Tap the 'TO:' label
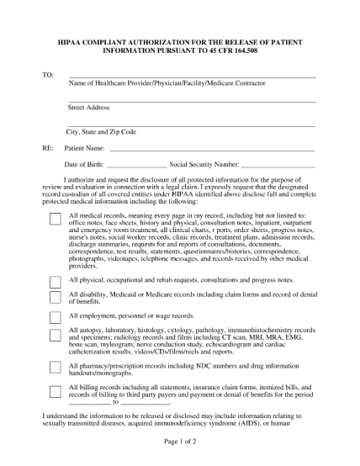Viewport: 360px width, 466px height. [x=47, y=75]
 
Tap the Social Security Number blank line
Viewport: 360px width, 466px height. [x=278, y=167]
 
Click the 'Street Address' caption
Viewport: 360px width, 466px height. [x=88, y=108]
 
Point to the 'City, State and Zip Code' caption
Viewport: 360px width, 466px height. [x=101, y=132]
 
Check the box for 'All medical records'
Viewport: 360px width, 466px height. [x=56, y=219]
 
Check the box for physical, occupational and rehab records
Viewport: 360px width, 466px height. [x=56, y=281]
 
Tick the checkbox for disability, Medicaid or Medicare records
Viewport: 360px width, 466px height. [x=56, y=297]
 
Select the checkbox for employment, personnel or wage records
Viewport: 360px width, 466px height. [x=56, y=318]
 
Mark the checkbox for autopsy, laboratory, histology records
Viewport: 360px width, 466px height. [x=56, y=336]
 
